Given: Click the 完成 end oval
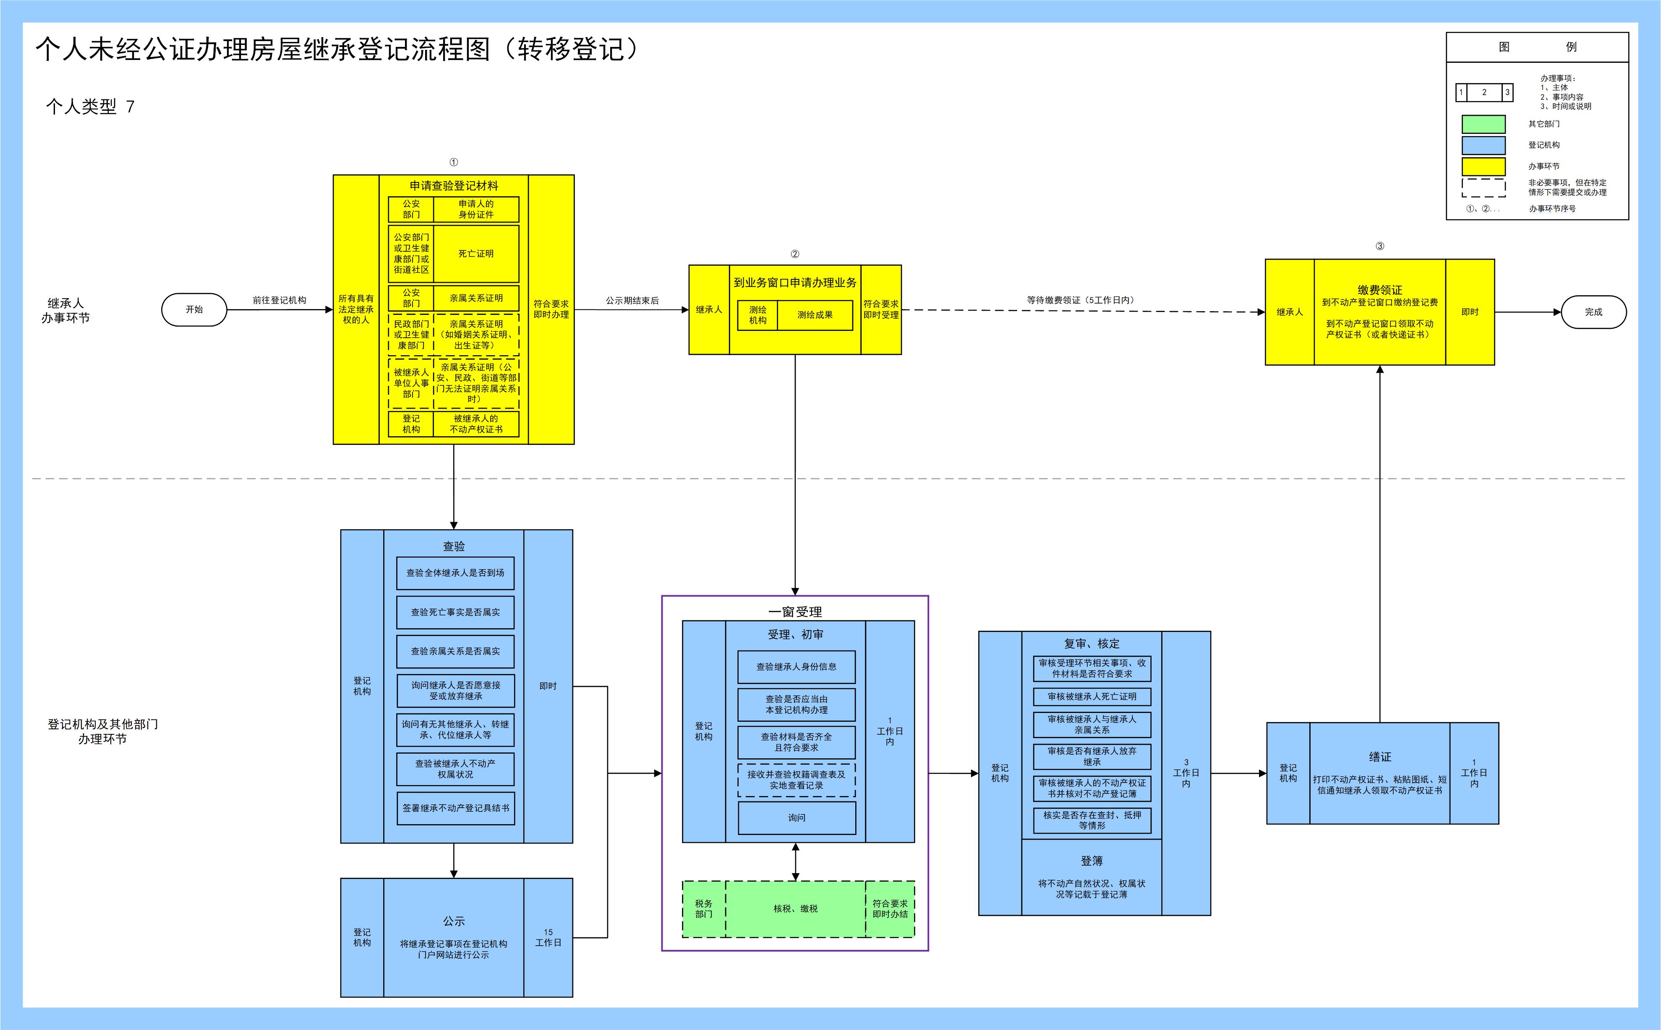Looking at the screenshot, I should click(1593, 312).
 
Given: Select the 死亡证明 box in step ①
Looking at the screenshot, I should click(476, 253).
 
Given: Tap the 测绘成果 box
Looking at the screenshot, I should click(815, 315).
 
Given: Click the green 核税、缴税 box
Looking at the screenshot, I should click(795, 909).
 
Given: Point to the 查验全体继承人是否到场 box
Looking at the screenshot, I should click(455, 573).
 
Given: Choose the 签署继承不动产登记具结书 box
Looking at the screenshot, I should click(455, 808).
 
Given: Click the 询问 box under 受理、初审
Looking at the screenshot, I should click(797, 817).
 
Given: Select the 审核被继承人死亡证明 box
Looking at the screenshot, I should click(1092, 696).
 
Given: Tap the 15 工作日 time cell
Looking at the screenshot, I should click(548, 937).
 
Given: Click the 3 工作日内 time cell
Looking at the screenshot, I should click(1186, 773).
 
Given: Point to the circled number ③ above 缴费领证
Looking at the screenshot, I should click(1379, 246).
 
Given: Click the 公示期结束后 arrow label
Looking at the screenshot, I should click(632, 300).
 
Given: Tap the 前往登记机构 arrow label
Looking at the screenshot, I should click(279, 300).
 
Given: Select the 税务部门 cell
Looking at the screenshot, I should click(703, 909).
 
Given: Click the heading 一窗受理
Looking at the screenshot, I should click(795, 612).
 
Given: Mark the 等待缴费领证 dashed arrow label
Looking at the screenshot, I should click(1080, 300).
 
